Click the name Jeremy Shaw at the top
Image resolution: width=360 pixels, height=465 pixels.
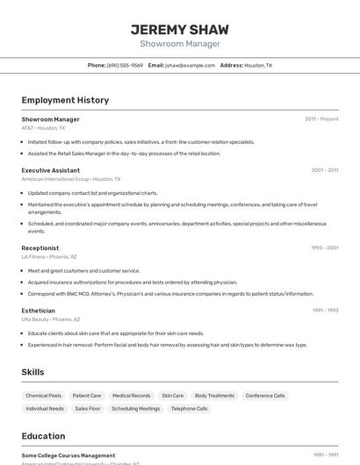pyautogui.click(x=179, y=29)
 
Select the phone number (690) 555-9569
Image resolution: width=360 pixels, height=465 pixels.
pyautogui.click(x=125, y=65)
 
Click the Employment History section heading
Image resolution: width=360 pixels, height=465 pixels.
pyautogui.click(x=65, y=100)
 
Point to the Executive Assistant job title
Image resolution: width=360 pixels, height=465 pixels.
pyautogui.click(x=51, y=170)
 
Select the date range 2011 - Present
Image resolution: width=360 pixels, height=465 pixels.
pyautogui.click(x=321, y=119)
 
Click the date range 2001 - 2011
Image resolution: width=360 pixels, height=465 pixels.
pyautogui.click(x=324, y=170)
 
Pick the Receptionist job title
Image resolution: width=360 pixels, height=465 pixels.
pyautogui.click(x=40, y=248)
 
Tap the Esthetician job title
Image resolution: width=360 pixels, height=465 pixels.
pyautogui.click(x=38, y=311)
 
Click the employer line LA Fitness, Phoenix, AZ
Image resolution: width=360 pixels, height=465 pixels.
pyautogui.click(x=49, y=257)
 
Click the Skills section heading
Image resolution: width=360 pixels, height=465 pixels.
pyautogui.click(x=33, y=372)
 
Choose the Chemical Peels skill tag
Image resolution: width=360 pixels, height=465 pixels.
pyautogui.click(x=44, y=396)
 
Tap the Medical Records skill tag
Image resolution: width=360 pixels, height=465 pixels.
pyautogui.click(x=132, y=396)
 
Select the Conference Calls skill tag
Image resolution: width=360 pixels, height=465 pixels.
pyautogui.click(x=265, y=396)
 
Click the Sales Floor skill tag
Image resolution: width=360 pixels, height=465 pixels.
pyautogui.click(x=88, y=409)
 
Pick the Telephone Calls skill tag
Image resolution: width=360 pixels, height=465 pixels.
pyautogui.click(x=190, y=409)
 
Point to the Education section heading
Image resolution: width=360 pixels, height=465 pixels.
pyautogui.click(x=43, y=436)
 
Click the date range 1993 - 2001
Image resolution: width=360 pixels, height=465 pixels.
pyautogui.click(x=324, y=248)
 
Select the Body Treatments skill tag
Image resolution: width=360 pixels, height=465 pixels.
pyautogui.click(x=214, y=396)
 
